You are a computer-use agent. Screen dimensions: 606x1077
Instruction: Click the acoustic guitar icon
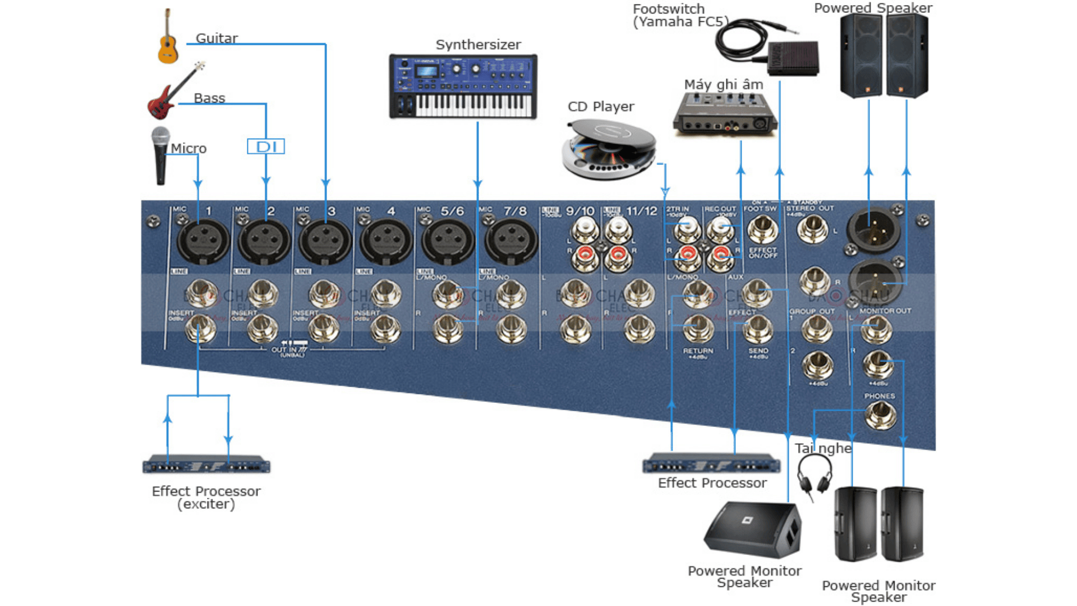[168, 38]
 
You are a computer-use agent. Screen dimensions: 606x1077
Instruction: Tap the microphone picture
[160, 155]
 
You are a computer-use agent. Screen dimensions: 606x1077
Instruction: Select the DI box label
[266, 146]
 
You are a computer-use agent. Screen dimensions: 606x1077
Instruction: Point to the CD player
[609, 149]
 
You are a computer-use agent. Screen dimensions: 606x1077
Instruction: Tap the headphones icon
[814, 474]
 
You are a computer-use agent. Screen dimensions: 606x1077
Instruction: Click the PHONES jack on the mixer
[879, 415]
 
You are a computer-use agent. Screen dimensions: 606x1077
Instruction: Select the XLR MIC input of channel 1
[202, 241]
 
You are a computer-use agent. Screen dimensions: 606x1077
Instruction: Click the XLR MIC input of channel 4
[386, 241]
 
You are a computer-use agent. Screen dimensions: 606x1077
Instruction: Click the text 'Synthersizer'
[478, 45]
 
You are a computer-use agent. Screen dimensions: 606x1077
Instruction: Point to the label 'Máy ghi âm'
[723, 85]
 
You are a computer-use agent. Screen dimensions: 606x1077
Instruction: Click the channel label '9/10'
[579, 212]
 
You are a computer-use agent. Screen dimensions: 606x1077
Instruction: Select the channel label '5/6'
[452, 212]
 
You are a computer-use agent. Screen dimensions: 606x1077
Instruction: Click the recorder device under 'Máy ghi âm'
[724, 114]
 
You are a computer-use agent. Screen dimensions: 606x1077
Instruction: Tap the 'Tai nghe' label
[823, 448]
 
